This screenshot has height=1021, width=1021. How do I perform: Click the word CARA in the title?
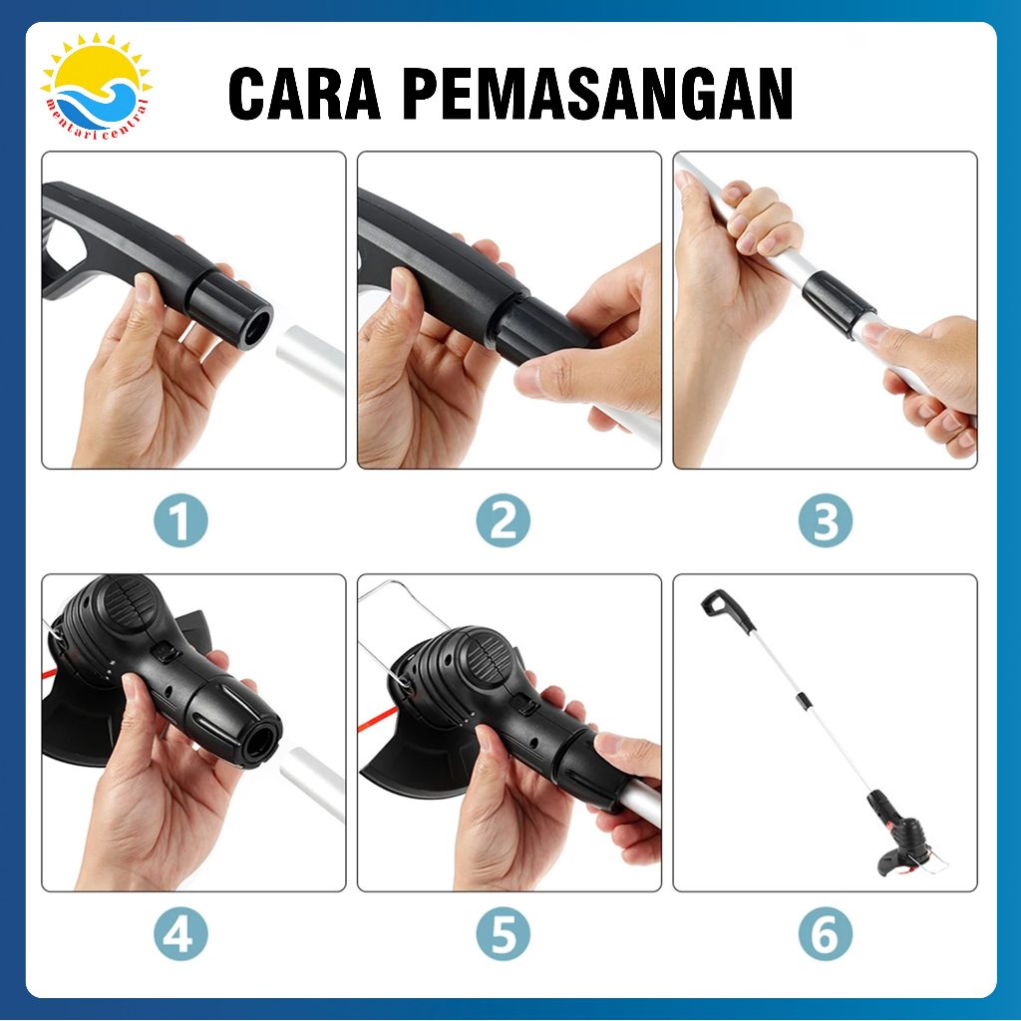(304, 94)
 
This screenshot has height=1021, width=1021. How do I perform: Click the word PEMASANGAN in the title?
(598, 94)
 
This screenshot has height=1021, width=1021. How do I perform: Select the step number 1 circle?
(181, 520)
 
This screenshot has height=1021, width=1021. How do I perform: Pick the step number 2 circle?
(503, 520)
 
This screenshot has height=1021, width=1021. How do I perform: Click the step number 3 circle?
(825, 520)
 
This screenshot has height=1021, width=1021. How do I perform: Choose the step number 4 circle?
(181, 933)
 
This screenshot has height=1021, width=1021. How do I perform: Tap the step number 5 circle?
(503, 933)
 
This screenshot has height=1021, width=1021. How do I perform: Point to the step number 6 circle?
(825, 933)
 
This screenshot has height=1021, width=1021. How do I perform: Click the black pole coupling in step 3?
(838, 303)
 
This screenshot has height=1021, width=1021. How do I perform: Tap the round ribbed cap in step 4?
(131, 605)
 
